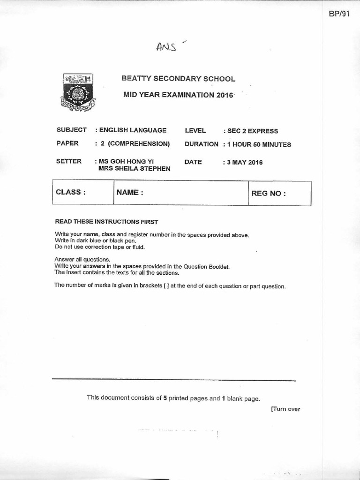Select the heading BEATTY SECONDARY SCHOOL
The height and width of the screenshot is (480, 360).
coord(178,79)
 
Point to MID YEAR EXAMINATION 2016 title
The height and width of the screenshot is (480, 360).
coord(178,95)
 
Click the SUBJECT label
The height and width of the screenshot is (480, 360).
coord(71,130)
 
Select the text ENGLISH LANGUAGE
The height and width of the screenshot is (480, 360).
coord(133,130)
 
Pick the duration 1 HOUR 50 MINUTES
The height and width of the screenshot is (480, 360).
coord(258,144)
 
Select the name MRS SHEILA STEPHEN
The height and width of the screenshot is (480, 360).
coord(134,169)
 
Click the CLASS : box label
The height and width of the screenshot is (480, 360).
coord(71,192)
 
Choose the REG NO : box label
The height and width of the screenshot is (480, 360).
coord(268,193)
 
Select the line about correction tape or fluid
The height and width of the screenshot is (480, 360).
coord(100,247)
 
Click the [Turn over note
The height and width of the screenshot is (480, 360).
coord(285,409)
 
